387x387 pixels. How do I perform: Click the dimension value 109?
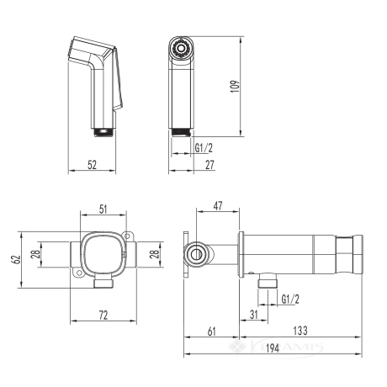point(235,87)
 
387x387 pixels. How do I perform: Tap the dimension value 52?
point(92,165)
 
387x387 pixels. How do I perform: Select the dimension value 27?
point(209,165)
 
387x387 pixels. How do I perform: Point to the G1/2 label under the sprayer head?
point(204,148)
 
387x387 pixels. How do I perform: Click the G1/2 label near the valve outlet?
point(290,300)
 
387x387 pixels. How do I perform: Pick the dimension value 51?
point(103,209)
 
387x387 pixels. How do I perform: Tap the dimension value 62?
point(17,259)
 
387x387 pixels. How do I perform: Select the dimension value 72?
point(103,315)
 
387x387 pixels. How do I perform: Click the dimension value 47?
point(218,206)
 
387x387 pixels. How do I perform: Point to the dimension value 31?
point(253,315)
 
